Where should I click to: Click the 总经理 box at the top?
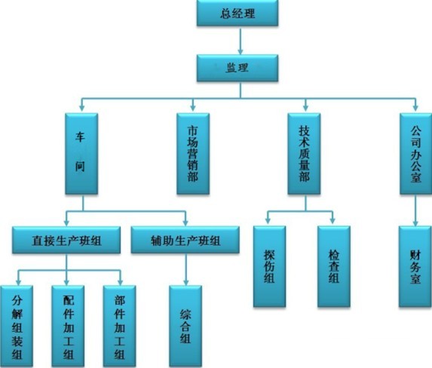pos(237,13)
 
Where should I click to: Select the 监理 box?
pos(237,68)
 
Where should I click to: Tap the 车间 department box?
pos(81,154)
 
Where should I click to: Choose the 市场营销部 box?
pos(193,154)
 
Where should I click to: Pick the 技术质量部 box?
pos(304,154)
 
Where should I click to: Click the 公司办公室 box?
pos(415,154)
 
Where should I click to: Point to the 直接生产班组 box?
pos(66,240)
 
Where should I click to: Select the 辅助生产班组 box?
pos(185,240)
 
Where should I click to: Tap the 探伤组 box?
pos(269,266)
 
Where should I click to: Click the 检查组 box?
pos(334,266)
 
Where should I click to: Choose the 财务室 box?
pos(415,266)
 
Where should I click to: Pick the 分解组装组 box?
pos(17,327)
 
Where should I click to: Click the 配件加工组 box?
pos(68,327)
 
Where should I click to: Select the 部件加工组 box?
pos(120,327)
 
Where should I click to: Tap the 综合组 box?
pos(185,327)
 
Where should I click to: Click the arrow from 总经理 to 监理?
pos(241,41)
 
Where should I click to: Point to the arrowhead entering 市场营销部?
pos(193,108)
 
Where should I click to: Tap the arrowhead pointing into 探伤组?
pos(268,220)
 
